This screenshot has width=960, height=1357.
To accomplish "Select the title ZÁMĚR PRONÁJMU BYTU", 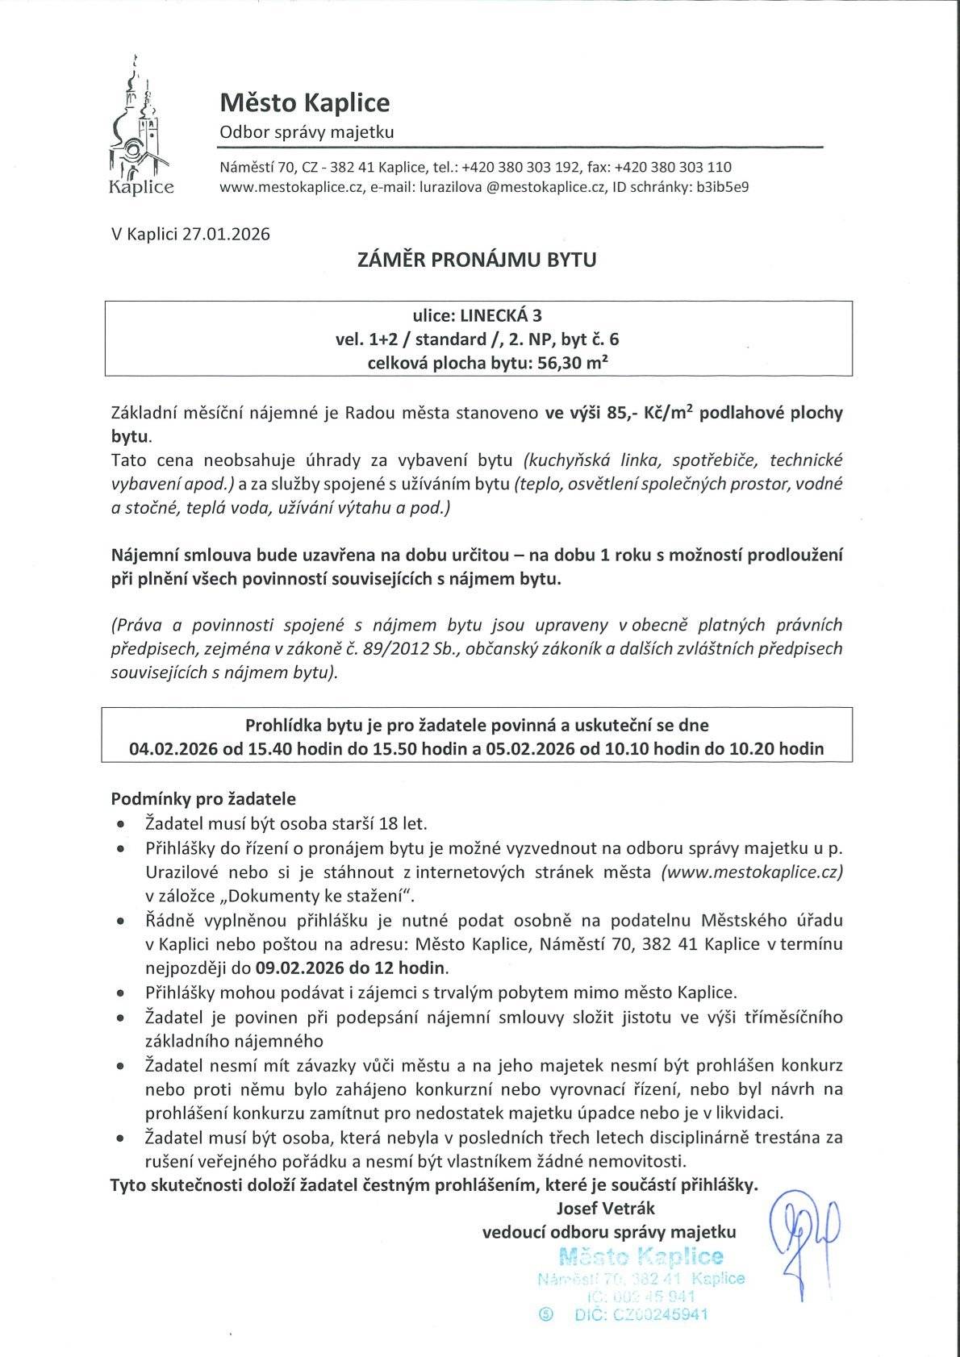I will point(477,260).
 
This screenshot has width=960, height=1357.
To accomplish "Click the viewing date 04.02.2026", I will point(175,748).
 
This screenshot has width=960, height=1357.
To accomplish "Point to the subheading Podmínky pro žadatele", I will point(203,799).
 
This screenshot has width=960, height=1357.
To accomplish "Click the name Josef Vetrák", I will point(605,1208).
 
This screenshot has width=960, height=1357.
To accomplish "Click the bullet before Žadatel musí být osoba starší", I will point(120,825).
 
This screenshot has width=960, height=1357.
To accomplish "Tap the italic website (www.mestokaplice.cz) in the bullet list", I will point(751,872).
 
